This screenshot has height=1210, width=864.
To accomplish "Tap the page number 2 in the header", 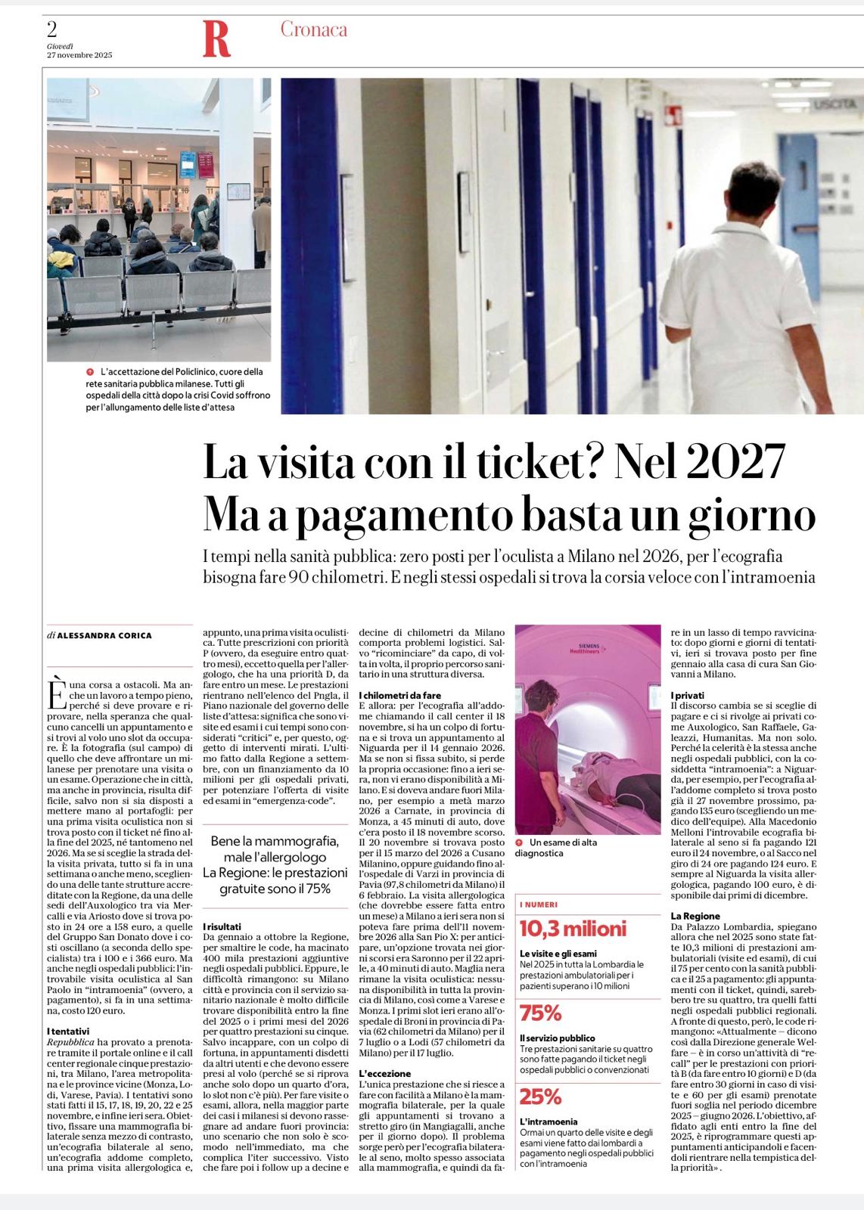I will point(52,29).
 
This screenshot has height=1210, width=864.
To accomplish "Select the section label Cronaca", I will point(314,29).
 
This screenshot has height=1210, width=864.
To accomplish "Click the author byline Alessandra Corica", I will point(104,635).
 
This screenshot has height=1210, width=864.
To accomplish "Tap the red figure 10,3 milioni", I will point(573,928).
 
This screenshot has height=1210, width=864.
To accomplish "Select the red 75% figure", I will point(540,1013).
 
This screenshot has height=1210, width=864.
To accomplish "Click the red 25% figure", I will point(540,1097).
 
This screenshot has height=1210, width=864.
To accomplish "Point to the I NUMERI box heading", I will point(539,904).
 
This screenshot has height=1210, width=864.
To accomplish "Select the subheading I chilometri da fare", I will point(399,694).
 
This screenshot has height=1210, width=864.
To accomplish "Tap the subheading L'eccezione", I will point(384,1073).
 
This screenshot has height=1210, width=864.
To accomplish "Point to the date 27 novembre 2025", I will point(79,55).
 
